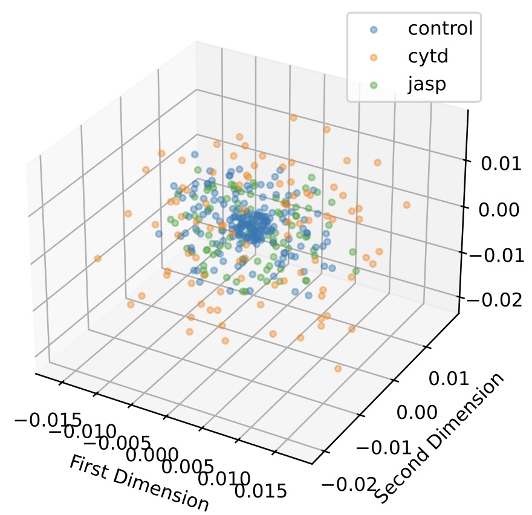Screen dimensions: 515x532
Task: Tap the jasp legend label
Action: point(426,83)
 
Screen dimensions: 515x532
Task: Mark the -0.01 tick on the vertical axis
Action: point(498,254)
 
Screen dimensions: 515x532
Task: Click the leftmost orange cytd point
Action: point(98,259)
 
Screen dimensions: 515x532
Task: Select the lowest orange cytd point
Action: point(338,368)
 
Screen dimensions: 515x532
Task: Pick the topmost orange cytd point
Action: point(294,118)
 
